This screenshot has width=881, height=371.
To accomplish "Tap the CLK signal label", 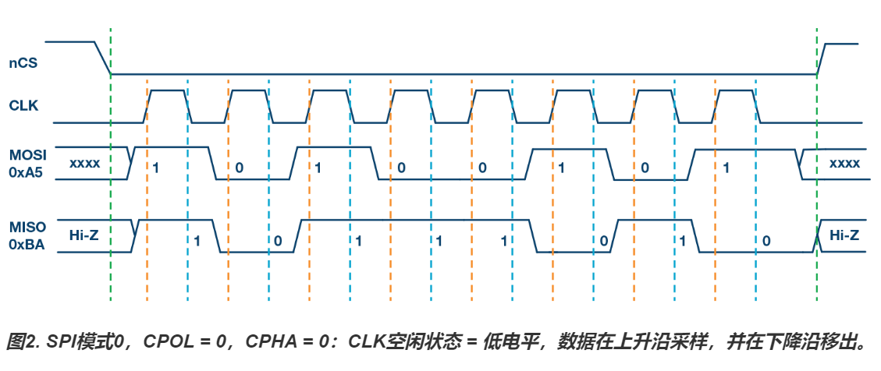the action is click(23, 104).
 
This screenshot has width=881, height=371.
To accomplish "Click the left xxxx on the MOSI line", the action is click(84, 164).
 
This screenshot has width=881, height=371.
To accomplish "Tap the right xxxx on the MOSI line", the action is click(844, 164).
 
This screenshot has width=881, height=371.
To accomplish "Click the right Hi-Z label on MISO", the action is click(844, 235).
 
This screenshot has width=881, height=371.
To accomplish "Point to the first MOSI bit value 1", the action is click(157, 168).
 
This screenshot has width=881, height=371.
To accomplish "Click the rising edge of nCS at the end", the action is click(821, 58).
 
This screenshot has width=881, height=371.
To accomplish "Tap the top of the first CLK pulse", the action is click(167, 90).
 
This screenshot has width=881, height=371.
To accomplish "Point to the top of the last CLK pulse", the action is click(736, 90).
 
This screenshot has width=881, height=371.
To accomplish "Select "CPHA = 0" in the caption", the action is click(292, 341).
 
